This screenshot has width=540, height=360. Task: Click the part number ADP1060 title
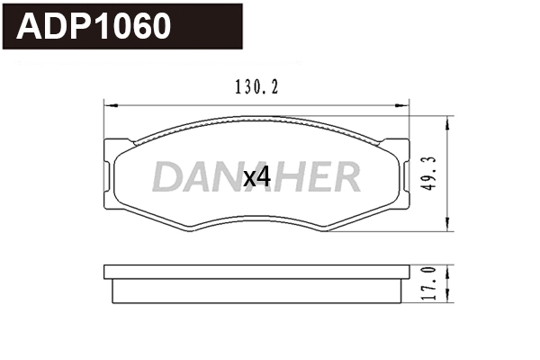pyautogui.click(x=94, y=26)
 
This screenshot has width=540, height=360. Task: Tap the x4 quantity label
pyautogui.click(x=257, y=177)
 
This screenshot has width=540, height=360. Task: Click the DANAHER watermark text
pyautogui.click(x=256, y=176)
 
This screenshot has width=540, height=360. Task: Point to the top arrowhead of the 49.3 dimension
pyautogui.click(x=448, y=120)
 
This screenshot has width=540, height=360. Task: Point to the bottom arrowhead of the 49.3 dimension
pyautogui.click(x=448, y=227)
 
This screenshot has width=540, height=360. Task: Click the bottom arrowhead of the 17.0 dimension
pyautogui.click(x=448, y=301)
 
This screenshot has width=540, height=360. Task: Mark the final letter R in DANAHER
pyautogui.click(x=345, y=177)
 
